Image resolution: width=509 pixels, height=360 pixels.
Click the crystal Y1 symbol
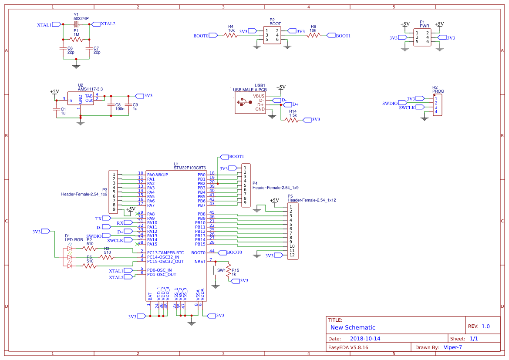[x=76, y=24]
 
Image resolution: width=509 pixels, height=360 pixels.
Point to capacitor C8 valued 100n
[x=112, y=104]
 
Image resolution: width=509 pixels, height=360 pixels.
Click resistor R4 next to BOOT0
[x=231, y=36]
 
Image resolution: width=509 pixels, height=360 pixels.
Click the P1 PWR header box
[x=421, y=37]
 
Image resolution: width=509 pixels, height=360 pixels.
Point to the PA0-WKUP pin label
[x=158, y=175]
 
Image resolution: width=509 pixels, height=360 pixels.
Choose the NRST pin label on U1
[x=200, y=262]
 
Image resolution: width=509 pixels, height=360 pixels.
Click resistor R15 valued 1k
[x=228, y=271]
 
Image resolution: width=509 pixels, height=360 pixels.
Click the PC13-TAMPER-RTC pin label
[x=165, y=252]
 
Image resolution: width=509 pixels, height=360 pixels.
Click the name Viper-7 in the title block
[x=452, y=347]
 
